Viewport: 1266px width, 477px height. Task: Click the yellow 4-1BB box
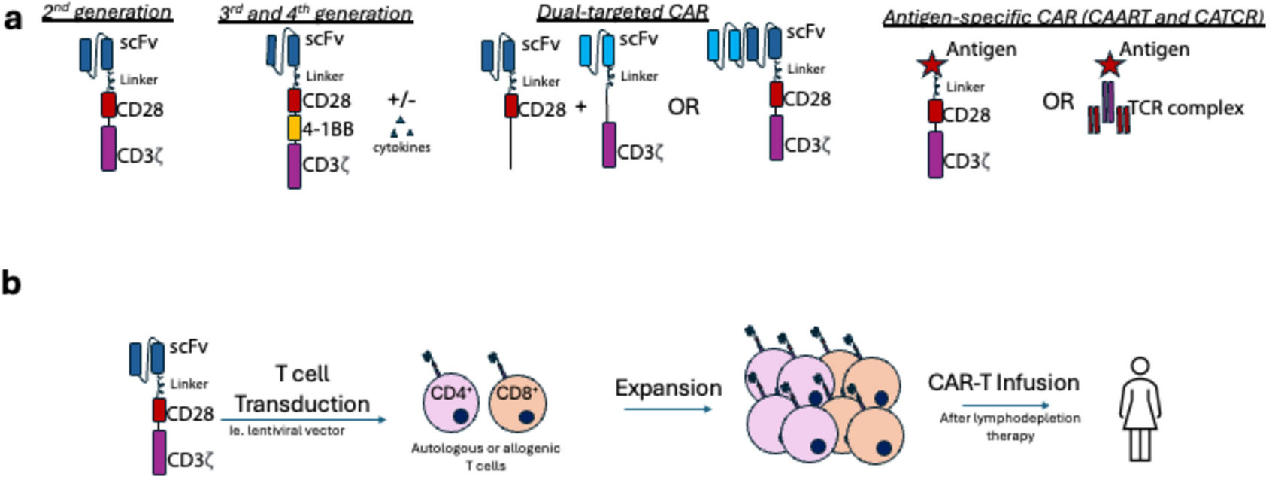[294, 129]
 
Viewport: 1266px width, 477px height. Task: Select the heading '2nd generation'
[107, 13]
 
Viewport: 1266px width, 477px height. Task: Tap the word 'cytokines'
[401, 147]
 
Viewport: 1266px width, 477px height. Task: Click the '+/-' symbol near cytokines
[401, 100]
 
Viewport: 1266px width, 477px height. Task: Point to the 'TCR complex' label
[1186, 108]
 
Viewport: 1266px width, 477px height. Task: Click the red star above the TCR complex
[1110, 65]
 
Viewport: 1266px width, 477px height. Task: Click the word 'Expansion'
[668, 388]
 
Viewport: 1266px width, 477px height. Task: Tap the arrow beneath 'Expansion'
[668, 409]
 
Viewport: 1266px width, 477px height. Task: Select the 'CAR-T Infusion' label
[1004, 383]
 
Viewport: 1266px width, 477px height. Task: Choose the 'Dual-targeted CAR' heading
[622, 12]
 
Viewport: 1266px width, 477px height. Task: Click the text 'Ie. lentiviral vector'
[287, 431]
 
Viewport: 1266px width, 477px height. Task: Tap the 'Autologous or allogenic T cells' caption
[485, 457]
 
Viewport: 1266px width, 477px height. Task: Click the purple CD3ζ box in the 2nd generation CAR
[109, 148]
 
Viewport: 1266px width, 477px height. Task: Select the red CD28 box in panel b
[159, 411]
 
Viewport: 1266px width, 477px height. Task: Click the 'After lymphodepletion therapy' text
[1010, 427]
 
